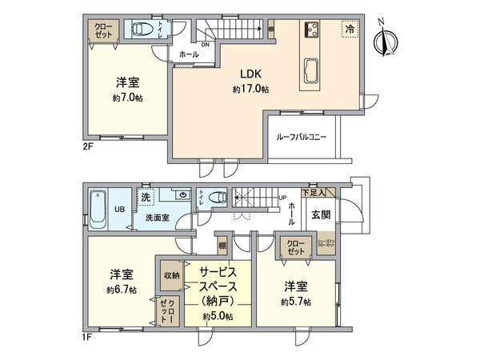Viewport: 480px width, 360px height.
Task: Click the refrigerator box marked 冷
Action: pyautogui.click(x=348, y=28)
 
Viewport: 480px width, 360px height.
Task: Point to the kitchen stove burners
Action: pyautogui.click(x=311, y=31)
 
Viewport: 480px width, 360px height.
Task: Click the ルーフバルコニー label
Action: pyautogui.click(x=302, y=138)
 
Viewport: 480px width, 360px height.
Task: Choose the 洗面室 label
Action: pyautogui.click(x=157, y=218)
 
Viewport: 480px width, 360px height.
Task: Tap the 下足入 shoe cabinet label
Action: pyautogui.click(x=314, y=193)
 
